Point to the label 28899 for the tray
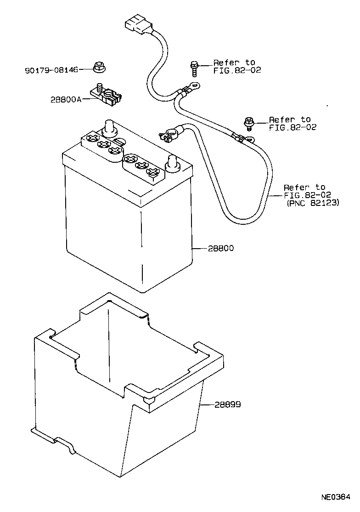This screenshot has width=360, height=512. [x=227, y=405]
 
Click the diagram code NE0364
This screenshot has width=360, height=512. [x=335, y=497]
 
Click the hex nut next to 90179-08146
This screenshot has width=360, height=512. [x=98, y=68]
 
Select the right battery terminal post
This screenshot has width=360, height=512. [x=172, y=163]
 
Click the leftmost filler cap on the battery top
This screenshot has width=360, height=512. [x=92, y=137]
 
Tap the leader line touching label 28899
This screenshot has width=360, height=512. [x=207, y=405]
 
